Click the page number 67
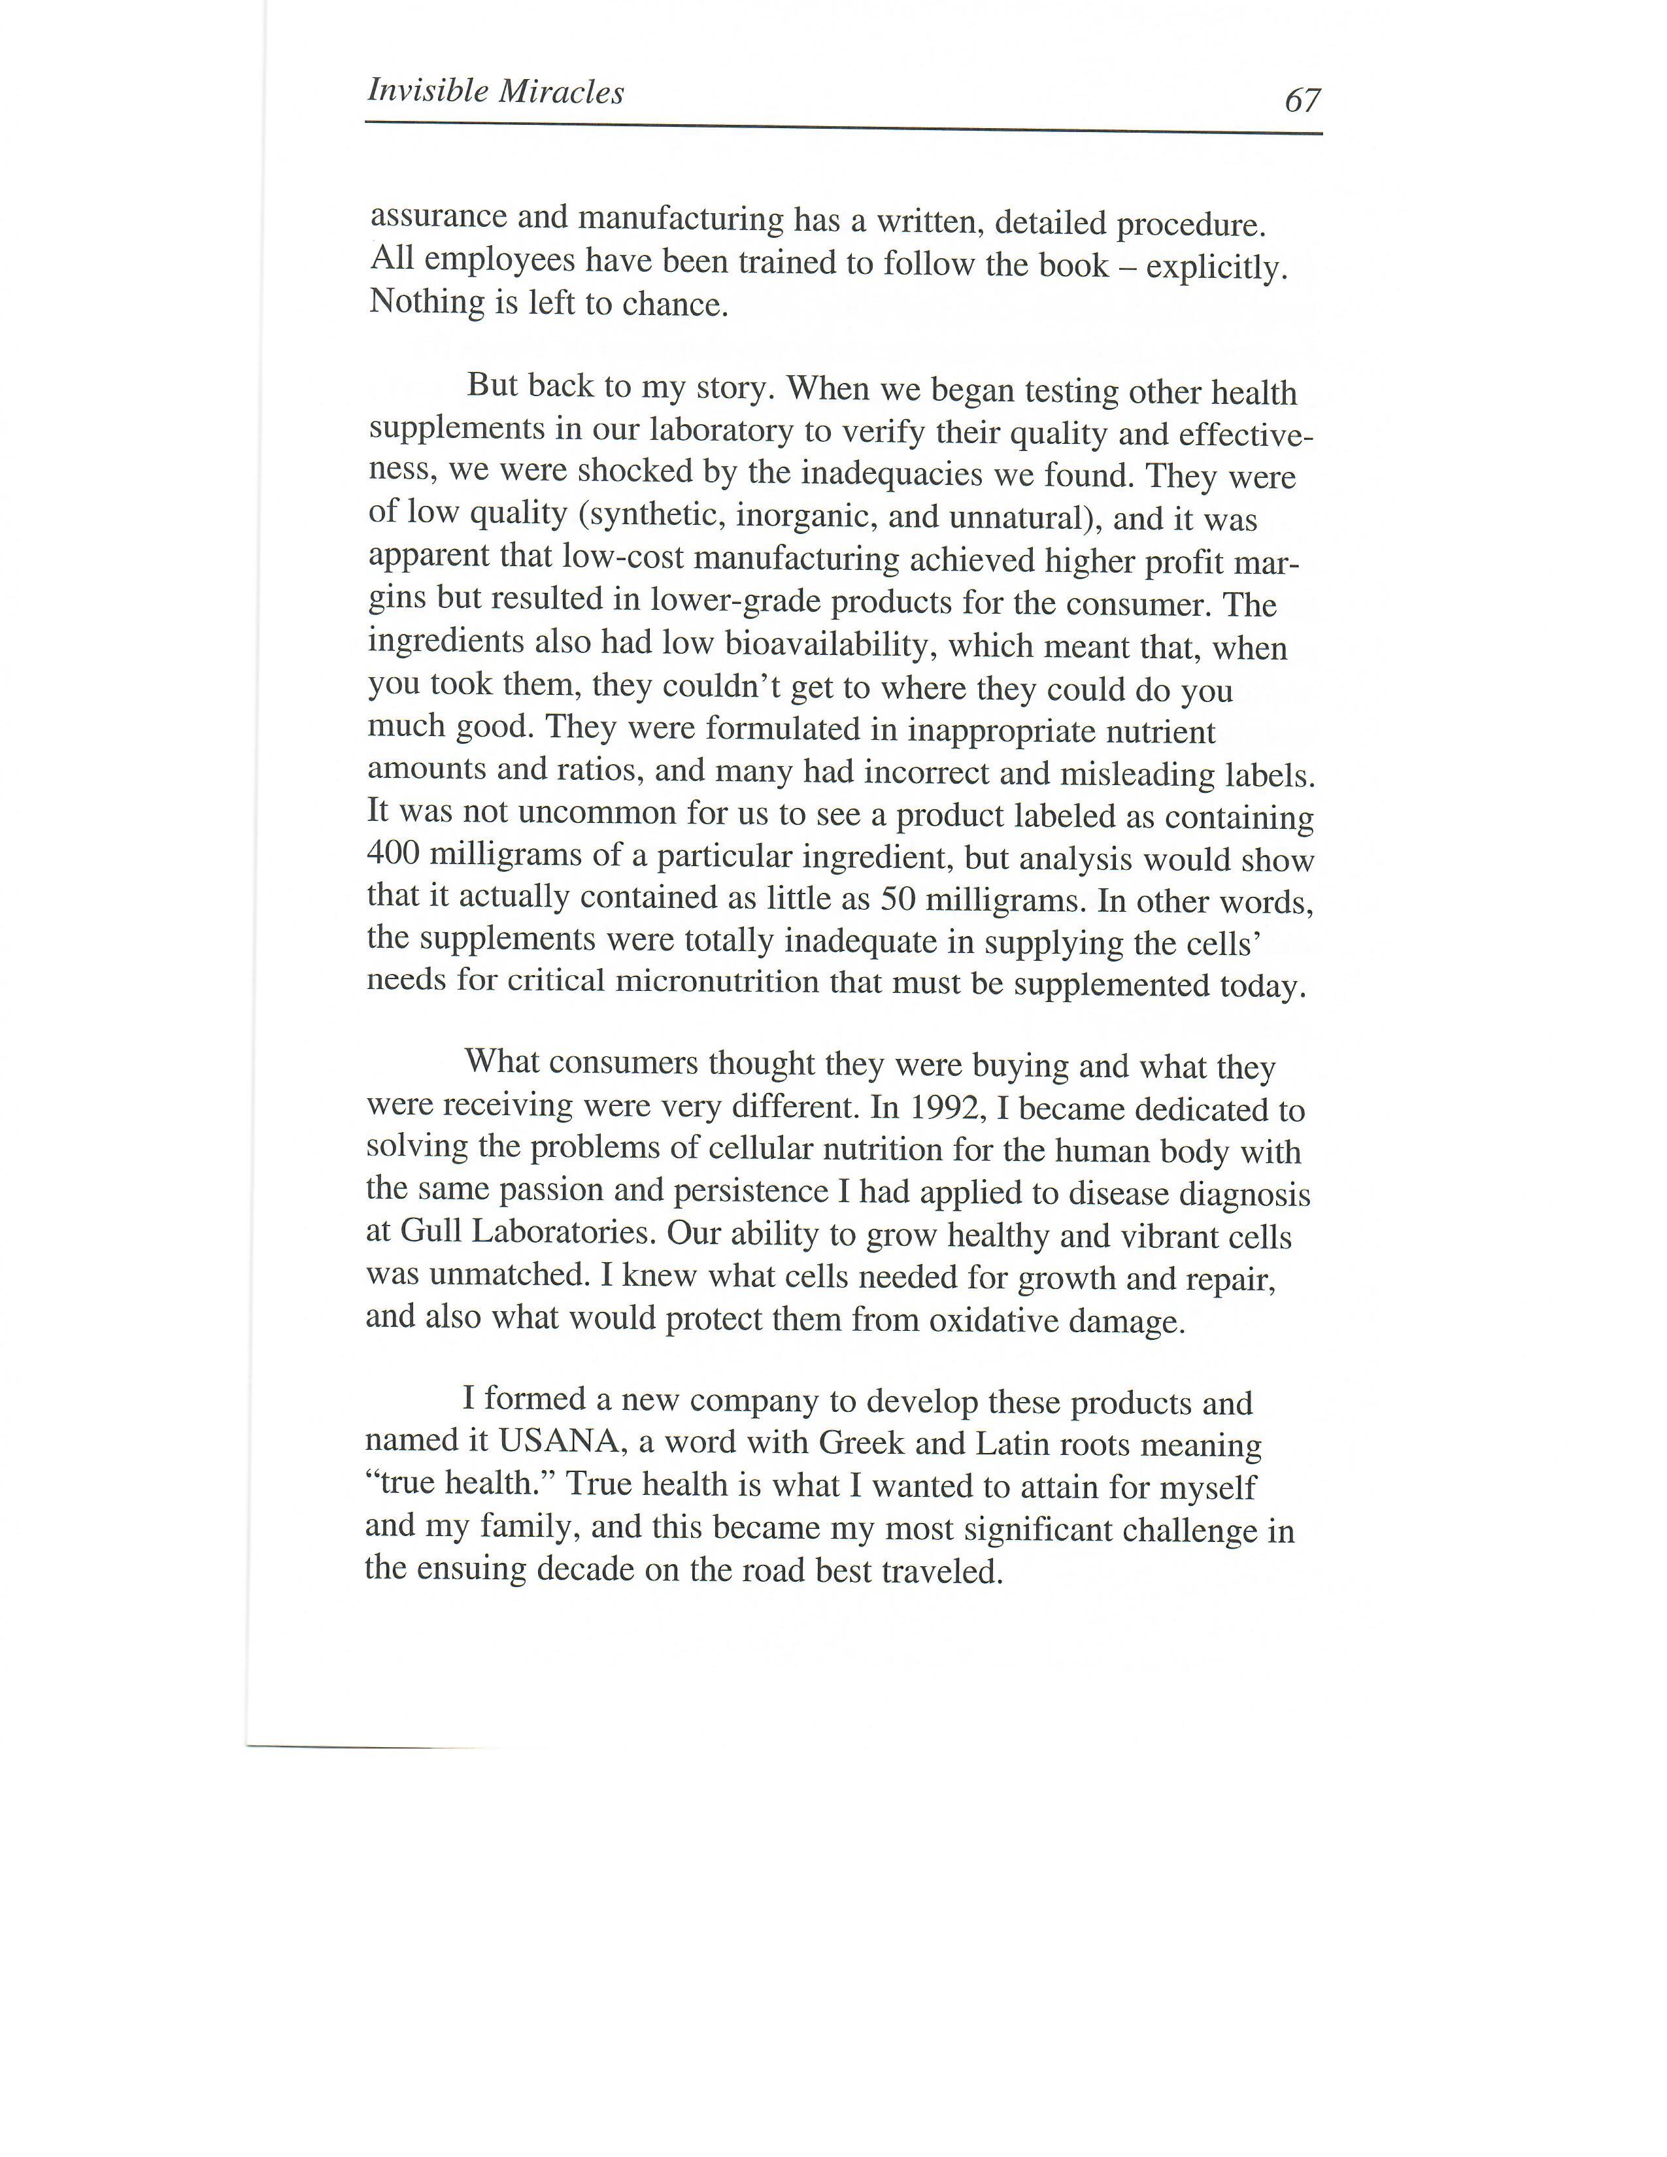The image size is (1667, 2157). tap(1301, 100)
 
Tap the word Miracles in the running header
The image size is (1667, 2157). tap(561, 92)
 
